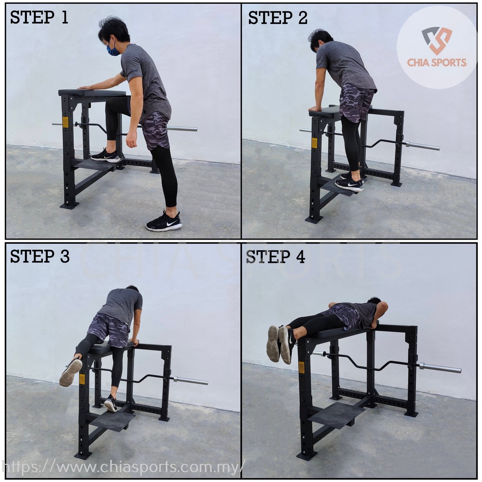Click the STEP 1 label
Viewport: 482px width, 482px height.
point(39,17)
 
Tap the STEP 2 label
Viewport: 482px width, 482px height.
point(278,17)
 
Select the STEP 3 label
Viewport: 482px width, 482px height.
point(40,256)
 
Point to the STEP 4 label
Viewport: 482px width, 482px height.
point(275,257)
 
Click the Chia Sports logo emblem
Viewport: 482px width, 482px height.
point(436,40)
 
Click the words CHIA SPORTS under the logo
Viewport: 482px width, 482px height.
point(437,63)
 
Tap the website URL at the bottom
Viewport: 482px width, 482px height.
point(123,467)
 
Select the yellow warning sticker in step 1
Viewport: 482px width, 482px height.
point(65,122)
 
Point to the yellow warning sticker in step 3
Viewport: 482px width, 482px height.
point(82,379)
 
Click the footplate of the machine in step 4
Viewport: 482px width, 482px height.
point(337,415)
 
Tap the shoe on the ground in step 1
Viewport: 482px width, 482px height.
point(164,222)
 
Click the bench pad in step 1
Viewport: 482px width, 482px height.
point(92,92)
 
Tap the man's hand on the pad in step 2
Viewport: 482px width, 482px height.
point(315,109)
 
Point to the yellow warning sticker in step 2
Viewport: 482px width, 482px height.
point(314,143)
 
